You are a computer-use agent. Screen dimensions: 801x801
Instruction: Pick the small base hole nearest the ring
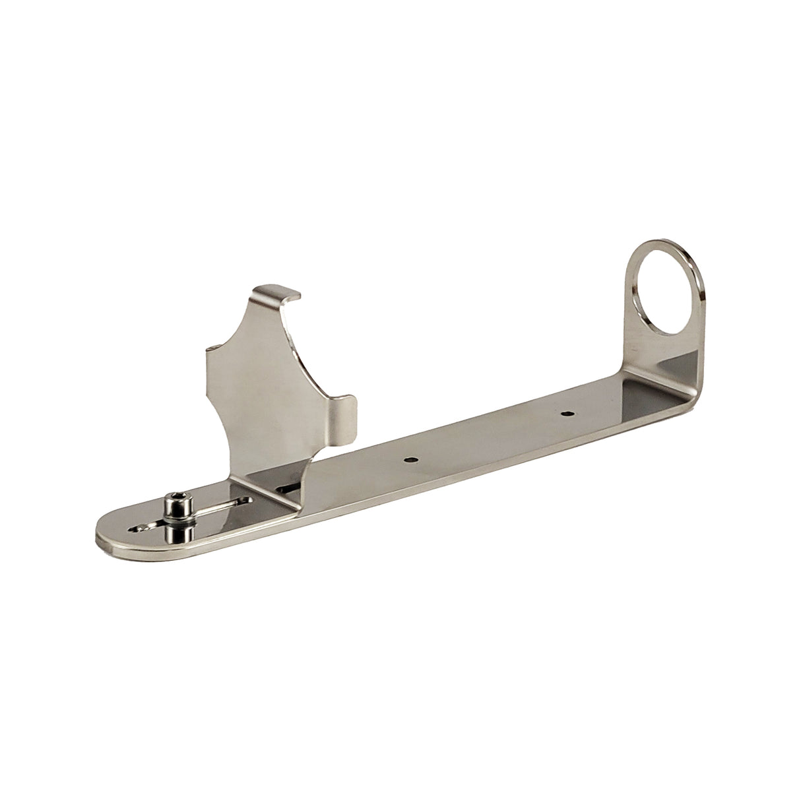[x=565, y=414]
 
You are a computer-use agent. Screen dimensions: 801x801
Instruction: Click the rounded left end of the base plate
[x=106, y=534]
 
